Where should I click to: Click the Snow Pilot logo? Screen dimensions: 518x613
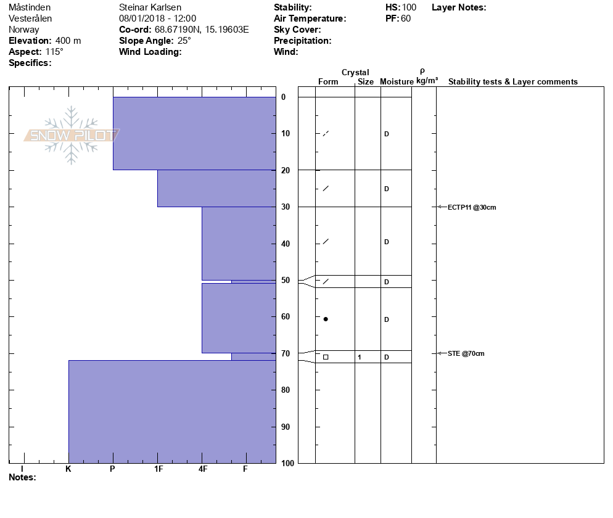pyautogui.click(x=72, y=135)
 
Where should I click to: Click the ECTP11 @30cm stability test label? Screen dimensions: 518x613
pyautogui.click(x=472, y=207)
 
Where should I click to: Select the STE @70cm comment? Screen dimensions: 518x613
pyautogui.click(x=466, y=353)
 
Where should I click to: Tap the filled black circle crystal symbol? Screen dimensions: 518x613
pyautogui.click(x=326, y=319)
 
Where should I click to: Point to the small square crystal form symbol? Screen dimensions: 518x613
pyautogui.click(x=326, y=357)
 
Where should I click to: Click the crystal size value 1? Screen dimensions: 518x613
pyautogui.click(x=359, y=357)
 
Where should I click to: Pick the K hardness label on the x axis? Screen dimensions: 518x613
pyautogui.click(x=68, y=469)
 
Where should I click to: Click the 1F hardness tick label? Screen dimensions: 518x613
pyautogui.click(x=158, y=469)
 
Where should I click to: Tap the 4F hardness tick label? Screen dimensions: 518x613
pyautogui.click(x=202, y=469)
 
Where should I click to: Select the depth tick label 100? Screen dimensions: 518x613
pyautogui.click(x=287, y=463)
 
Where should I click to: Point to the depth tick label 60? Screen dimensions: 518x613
pyautogui.click(x=286, y=317)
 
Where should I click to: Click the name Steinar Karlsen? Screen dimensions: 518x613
pyautogui.click(x=150, y=7)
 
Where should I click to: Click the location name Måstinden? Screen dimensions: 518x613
pyautogui.click(x=30, y=7)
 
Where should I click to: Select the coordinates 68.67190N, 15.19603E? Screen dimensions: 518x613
pyautogui.click(x=202, y=30)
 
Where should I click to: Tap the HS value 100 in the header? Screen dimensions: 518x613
pyautogui.click(x=409, y=7)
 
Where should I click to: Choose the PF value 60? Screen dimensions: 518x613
pyautogui.click(x=406, y=18)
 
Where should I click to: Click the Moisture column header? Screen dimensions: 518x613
pyautogui.click(x=397, y=82)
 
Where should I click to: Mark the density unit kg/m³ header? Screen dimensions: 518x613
pyautogui.click(x=427, y=81)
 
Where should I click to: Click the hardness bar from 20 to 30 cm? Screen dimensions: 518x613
pyautogui.click(x=216, y=188)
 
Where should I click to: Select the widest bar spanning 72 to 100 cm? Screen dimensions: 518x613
pyautogui.click(x=172, y=411)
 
